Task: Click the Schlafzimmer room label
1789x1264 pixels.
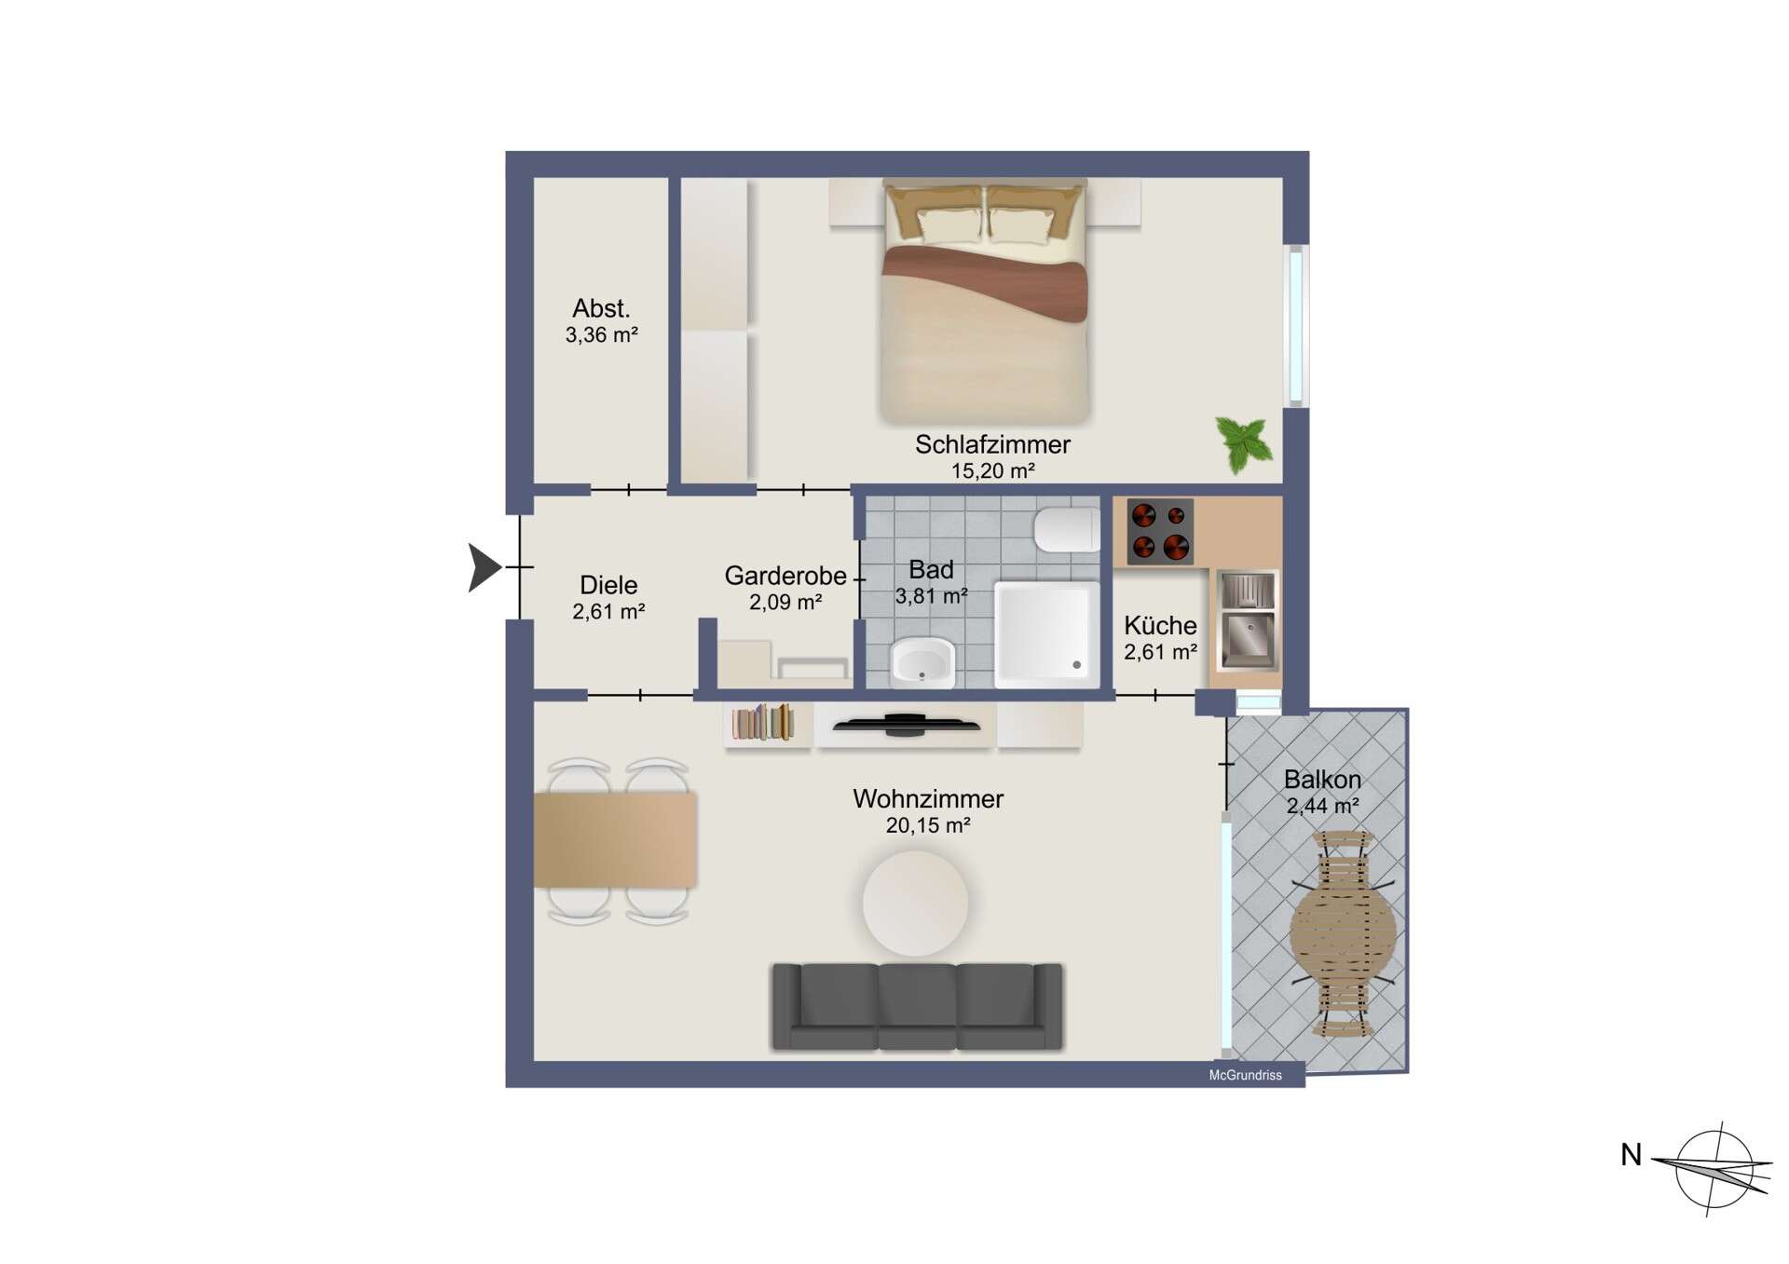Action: click(x=992, y=444)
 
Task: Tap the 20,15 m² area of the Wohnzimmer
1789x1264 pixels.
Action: click(x=928, y=825)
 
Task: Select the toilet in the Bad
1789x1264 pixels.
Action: click(x=1066, y=530)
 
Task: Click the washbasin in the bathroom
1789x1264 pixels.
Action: click(x=922, y=663)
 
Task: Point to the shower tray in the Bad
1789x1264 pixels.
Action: click(x=1046, y=634)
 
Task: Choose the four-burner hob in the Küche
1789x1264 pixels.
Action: click(x=1160, y=532)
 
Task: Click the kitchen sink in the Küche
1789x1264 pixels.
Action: click(x=1248, y=620)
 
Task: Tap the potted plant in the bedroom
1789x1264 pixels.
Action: click(x=1244, y=443)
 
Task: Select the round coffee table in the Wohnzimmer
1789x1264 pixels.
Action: click(x=915, y=903)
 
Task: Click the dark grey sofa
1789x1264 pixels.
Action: click(x=918, y=1007)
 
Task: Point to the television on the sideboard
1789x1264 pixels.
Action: click(x=906, y=724)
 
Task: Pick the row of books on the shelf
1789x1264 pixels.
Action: click(x=763, y=723)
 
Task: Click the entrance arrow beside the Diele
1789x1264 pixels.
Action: click(x=484, y=567)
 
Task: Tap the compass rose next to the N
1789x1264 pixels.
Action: click(x=1715, y=1168)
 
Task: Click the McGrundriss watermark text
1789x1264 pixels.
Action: click(x=1245, y=1075)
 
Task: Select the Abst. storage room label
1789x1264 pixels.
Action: click(x=601, y=308)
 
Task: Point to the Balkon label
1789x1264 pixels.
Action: click(x=1322, y=780)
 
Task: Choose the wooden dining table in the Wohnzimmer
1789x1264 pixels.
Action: click(x=615, y=839)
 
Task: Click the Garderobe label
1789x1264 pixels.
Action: click(x=785, y=576)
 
